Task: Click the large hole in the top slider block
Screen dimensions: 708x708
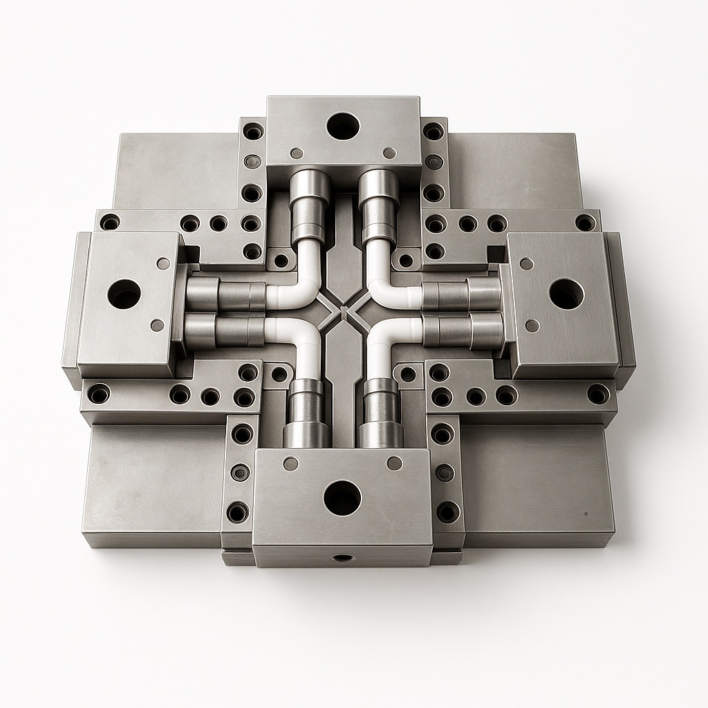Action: coord(343,127)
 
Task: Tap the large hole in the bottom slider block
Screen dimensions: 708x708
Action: coord(342,498)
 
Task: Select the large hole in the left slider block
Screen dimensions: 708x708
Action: coord(124,295)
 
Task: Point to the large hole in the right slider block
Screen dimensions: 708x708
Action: coord(566,294)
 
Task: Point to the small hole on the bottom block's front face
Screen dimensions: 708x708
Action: coord(341,557)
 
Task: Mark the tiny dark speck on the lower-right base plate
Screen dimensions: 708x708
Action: coord(586,514)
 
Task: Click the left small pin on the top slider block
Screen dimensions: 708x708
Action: coord(297,153)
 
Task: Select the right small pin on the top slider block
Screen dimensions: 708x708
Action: coord(389,153)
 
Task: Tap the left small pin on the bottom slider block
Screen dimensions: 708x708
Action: coord(291,463)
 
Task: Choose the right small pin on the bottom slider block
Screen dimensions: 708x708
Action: coord(394,463)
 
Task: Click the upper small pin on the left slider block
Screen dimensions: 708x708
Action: coord(163,263)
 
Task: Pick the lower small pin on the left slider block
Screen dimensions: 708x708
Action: coord(158,325)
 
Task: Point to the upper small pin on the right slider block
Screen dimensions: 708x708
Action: coord(527,263)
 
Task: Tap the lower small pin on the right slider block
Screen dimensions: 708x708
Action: coord(532,325)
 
